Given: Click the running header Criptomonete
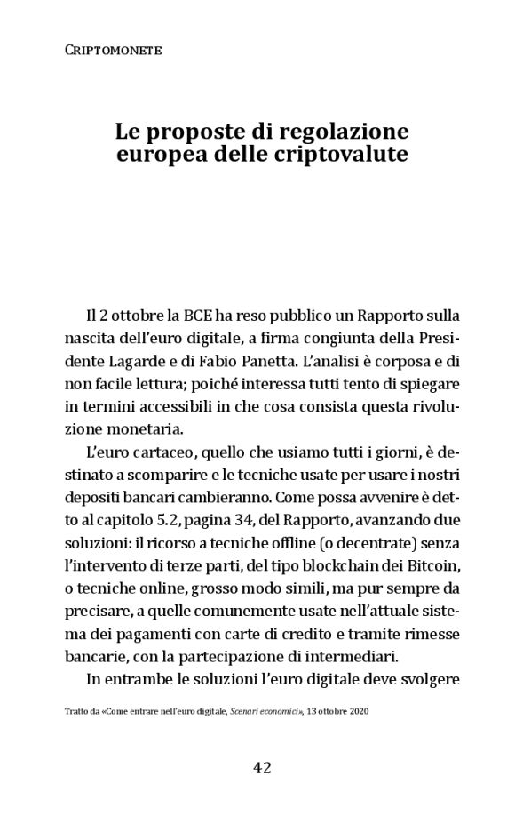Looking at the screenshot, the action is [114, 51].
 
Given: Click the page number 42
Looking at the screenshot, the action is [257, 768].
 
